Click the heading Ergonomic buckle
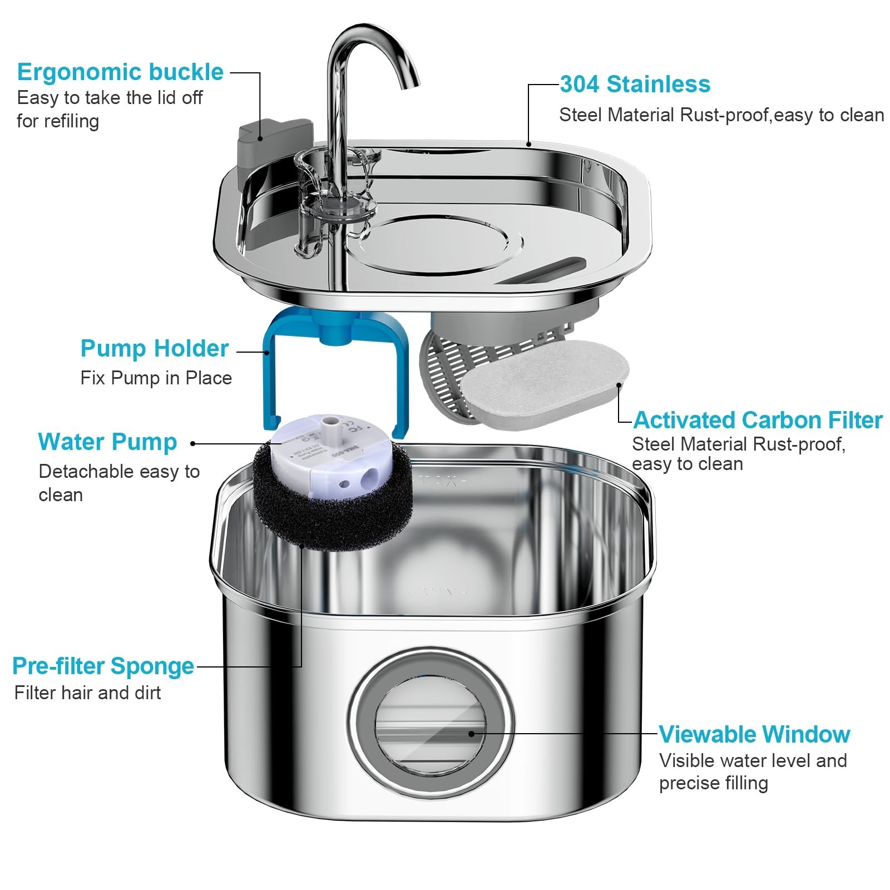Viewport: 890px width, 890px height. [120, 72]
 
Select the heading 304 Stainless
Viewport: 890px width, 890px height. [635, 85]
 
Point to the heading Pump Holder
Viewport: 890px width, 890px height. [154, 349]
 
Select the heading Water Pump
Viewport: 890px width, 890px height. [107, 442]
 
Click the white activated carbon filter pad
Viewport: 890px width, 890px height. [545, 384]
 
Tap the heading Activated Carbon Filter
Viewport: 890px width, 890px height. [758, 420]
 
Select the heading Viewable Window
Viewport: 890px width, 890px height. [754, 734]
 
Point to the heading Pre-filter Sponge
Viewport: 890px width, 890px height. [103, 666]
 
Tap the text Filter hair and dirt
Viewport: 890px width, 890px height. [87, 693]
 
